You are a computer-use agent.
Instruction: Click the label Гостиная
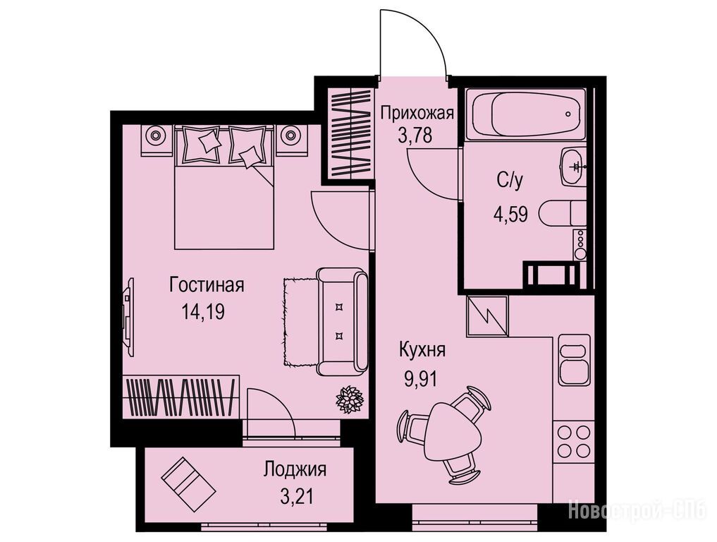[x=207, y=284]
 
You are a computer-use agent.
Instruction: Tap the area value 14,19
[x=203, y=312]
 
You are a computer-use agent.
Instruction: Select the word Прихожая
[x=417, y=112]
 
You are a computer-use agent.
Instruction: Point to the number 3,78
[x=415, y=136]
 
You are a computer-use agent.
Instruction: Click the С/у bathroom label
[x=510, y=181]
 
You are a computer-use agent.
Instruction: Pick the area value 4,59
[x=510, y=214]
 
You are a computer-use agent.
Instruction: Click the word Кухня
[x=422, y=351]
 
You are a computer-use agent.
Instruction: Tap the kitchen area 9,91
[x=420, y=379]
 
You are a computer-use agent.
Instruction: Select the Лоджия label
[x=295, y=470]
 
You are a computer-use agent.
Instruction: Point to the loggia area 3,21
[x=298, y=497]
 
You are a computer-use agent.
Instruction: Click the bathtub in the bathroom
[x=525, y=114]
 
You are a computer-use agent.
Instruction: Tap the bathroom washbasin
[x=573, y=167]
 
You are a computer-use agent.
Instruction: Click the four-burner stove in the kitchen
[x=573, y=441]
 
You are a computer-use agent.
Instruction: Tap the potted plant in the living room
[x=350, y=399]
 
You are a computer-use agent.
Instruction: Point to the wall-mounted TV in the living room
[x=128, y=318]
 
